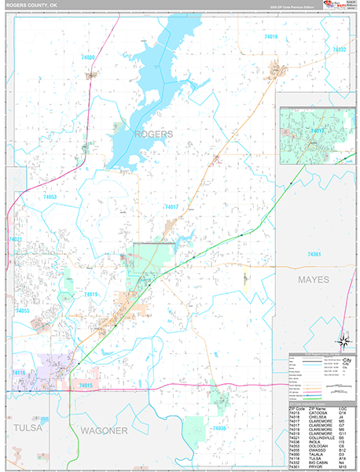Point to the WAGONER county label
coord(104,430)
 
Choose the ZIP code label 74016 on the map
coord(271,37)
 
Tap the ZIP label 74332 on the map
coord(339,50)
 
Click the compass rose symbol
coord(343,341)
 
